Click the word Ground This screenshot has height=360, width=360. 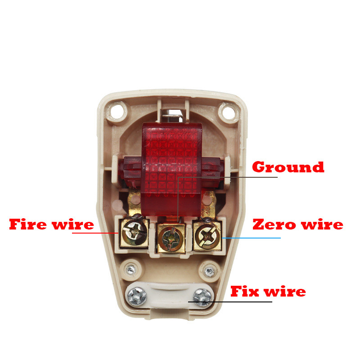coord(288,167)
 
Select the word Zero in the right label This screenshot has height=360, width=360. coord(273,224)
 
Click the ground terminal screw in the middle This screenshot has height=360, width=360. coord(171,236)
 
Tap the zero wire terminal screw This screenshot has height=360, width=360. coord(207,234)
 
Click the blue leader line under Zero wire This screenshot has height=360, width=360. coord(252,238)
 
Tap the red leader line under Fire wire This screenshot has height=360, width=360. coord(94,233)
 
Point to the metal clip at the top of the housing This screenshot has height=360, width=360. coord(173,116)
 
